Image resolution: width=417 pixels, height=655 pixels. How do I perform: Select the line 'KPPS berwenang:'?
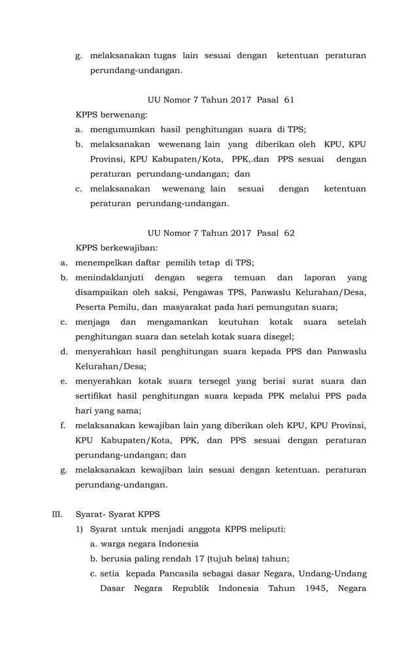tap(112, 115)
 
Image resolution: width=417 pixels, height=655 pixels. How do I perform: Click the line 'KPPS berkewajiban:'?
tap(117, 248)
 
